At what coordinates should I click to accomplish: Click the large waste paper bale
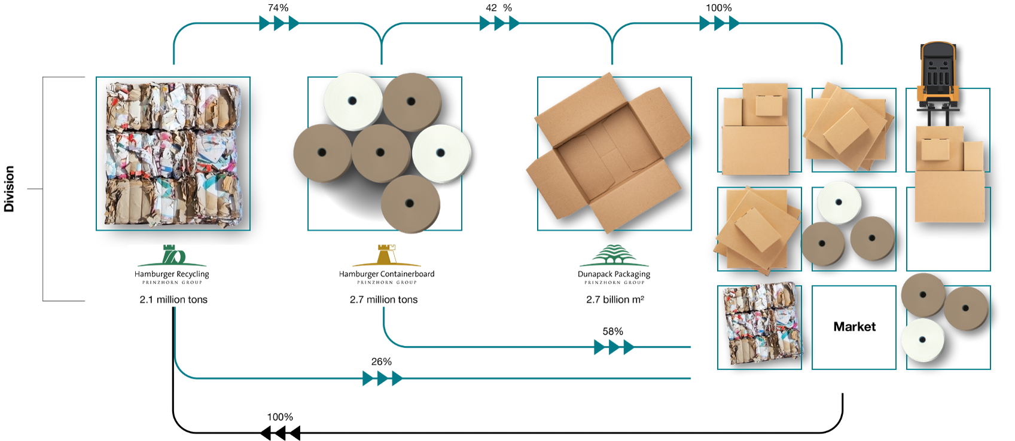(x=173, y=154)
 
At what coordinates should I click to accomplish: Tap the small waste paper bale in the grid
(x=760, y=323)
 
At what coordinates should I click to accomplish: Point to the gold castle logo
(x=387, y=255)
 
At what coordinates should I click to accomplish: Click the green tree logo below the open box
(x=614, y=255)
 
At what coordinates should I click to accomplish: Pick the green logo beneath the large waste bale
(x=172, y=255)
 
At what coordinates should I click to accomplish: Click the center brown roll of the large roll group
(x=380, y=153)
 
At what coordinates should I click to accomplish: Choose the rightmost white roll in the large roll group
(x=441, y=154)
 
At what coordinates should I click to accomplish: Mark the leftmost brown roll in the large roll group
(x=322, y=153)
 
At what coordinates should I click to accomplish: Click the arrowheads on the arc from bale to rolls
(x=279, y=23)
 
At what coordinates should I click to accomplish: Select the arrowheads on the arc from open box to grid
(x=719, y=23)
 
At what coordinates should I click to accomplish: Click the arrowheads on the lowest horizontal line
(x=382, y=378)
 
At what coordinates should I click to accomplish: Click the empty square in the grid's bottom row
(x=854, y=327)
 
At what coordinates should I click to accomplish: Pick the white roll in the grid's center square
(x=839, y=203)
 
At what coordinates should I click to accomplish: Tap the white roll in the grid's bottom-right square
(x=923, y=340)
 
